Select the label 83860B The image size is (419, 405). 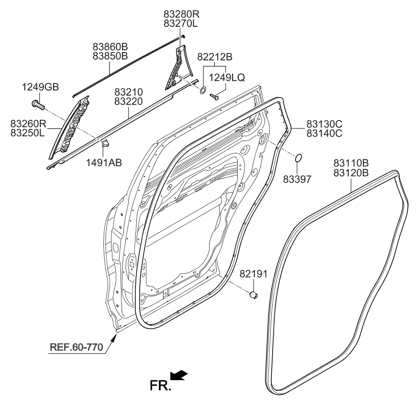click(110, 47)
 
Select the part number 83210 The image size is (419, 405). click(129, 91)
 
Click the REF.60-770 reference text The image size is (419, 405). click(77, 347)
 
